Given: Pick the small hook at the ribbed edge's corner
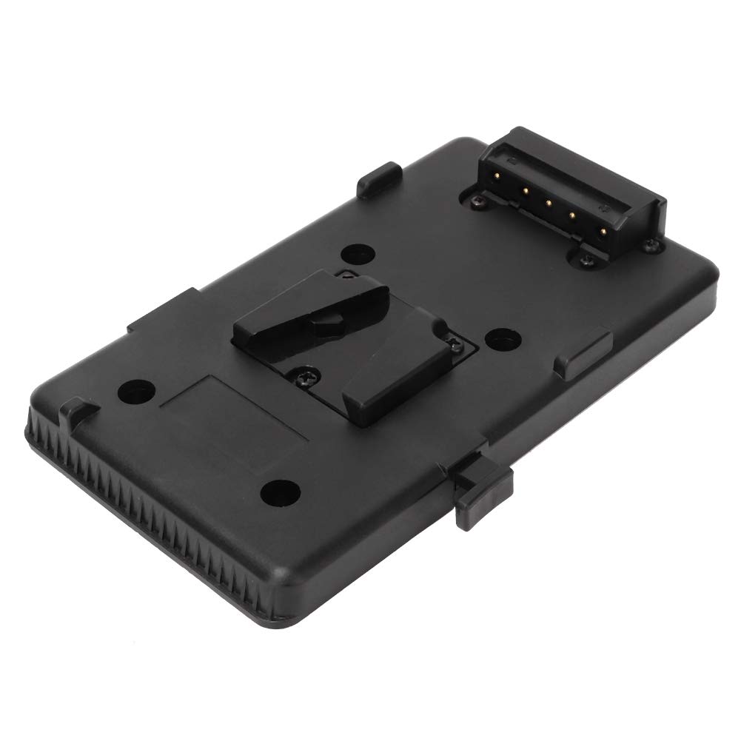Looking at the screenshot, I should (x=73, y=411).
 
